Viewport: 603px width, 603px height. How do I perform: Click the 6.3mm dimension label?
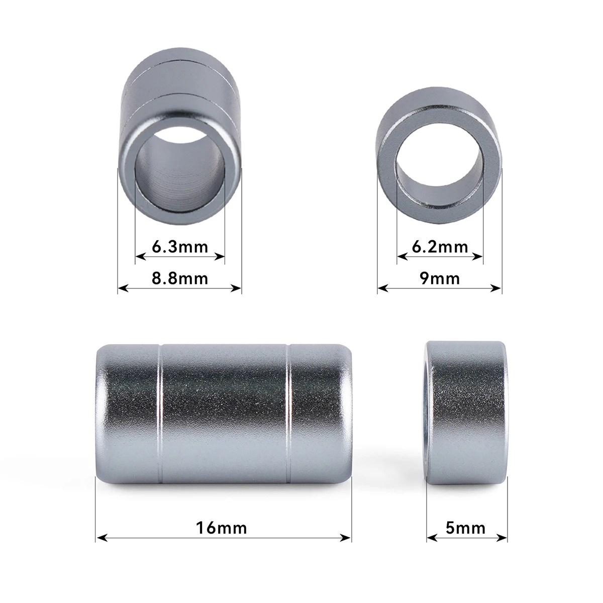(x=180, y=247)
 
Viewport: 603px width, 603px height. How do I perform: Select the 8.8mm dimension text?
(x=180, y=278)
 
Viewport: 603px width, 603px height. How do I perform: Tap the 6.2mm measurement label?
(x=440, y=247)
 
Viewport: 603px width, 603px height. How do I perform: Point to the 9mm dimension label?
(x=440, y=278)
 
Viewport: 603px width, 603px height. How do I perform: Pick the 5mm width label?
(x=466, y=528)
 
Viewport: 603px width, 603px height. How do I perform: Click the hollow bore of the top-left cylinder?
(x=180, y=171)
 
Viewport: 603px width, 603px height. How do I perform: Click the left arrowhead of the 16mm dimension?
(x=99, y=538)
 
